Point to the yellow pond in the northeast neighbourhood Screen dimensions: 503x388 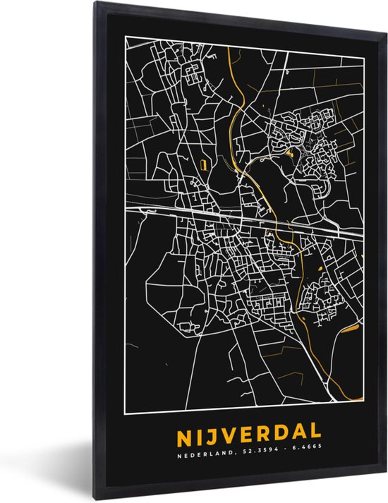tap(289, 152)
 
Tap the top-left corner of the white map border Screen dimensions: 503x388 tap(126, 37)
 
